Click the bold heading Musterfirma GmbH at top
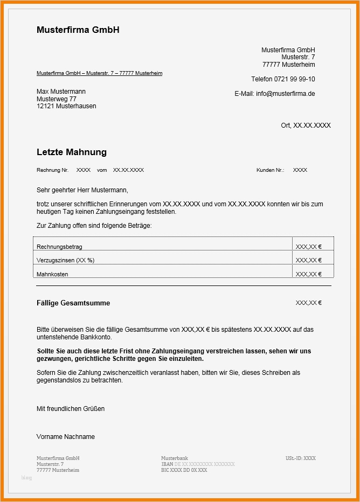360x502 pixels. click(x=78, y=30)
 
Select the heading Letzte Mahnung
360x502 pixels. click(x=72, y=152)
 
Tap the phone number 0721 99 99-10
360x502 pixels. click(x=296, y=79)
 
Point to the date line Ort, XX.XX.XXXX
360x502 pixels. click(x=306, y=125)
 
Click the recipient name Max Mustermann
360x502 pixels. click(x=61, y=92)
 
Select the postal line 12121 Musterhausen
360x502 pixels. click(x=66, y=106)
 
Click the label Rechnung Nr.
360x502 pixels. click(x=52, y=170)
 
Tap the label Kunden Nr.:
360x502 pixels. click(x=270, y=170)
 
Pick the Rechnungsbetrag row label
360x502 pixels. click(x=59, y=247)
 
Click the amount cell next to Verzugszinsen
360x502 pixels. click(x=308, y=260)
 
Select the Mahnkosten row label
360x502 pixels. click(x=52, y=274)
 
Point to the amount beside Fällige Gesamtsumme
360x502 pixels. click(x=308, y=303)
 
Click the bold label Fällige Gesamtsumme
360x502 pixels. click(x=73, y=303)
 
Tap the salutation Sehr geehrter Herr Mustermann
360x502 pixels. click(x=82, y=190)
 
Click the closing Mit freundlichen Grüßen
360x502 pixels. click(x=71, y=409)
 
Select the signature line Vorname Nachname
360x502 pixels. click(x=65, y=437)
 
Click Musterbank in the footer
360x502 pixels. click(x=174, y=458)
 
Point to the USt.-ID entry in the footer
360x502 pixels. click(x=301, y=458)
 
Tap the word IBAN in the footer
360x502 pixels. click(x=167, y=464)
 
